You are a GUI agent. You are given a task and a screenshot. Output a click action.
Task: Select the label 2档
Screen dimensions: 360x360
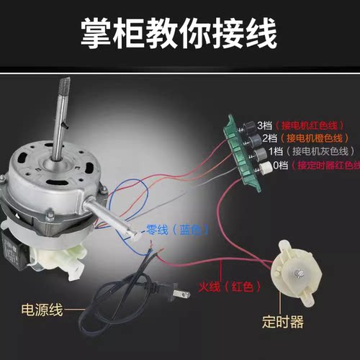[271, 137]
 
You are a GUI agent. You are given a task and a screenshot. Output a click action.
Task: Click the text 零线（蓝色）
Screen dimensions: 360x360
[177, 230]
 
